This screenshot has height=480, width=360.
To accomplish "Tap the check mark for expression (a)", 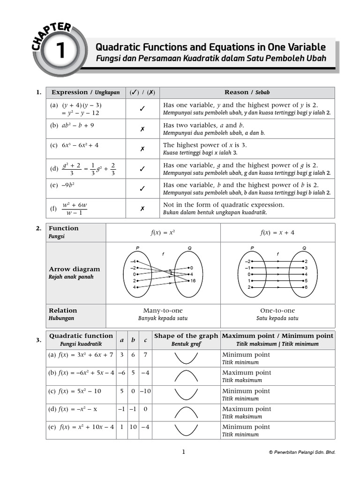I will pos(142,109).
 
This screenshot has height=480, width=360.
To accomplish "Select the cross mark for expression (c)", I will pos(142,149).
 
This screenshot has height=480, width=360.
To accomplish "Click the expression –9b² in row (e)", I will pos(68,185).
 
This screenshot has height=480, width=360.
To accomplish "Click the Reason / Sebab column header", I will pos(247,92).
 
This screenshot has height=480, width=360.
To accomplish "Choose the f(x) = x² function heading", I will pos(163,232).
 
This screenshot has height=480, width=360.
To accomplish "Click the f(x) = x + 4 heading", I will pos(277,232).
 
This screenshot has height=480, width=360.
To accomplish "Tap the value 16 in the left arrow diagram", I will pos(193,281).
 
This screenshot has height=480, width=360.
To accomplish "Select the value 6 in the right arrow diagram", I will pos(306,287).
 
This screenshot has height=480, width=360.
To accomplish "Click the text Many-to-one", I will pos(163,311).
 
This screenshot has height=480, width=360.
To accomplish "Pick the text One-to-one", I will pos(277,311).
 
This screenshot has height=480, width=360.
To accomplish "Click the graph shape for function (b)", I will pos(186,376).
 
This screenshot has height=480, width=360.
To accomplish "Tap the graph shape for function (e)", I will pos(186,430).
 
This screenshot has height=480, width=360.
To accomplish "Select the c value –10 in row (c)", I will pos(145,391).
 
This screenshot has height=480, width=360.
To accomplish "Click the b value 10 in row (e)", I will pos(133,427).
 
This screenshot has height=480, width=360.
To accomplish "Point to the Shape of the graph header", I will pos(186,336).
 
